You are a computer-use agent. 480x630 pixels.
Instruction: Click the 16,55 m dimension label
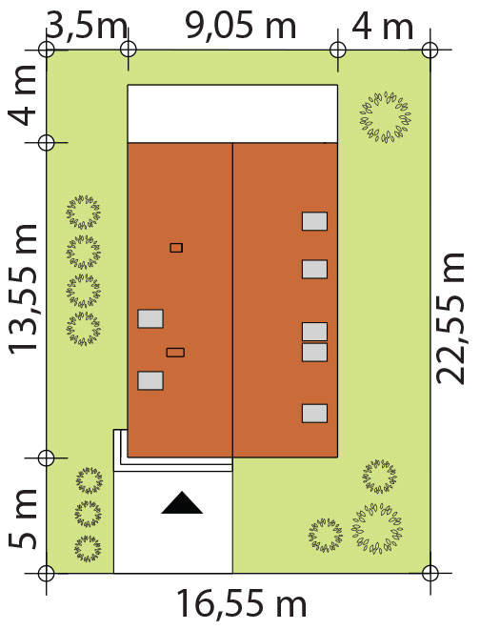(241, 604)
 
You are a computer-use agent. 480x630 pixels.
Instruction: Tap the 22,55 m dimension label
(450, 318)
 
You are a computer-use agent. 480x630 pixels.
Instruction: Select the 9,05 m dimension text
(240, 27)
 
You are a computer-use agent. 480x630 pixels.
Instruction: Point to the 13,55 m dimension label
(23, 290)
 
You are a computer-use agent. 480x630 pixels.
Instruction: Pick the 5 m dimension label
(23, 519)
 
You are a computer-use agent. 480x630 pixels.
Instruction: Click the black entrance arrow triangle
(182, 502)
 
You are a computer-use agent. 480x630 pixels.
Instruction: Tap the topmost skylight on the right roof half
(314, 221)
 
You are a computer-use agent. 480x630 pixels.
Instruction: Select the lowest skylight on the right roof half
(314, 414)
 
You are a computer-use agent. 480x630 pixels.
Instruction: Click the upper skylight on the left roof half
(150, 318)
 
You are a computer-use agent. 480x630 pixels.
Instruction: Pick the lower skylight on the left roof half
(150, 380)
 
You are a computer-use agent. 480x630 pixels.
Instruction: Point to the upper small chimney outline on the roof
(176, 248)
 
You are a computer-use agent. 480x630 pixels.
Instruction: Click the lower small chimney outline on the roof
(175, 353)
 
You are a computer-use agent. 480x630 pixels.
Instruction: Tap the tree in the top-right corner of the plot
(386, 117)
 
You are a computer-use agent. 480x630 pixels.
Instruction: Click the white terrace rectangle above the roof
(232, 113)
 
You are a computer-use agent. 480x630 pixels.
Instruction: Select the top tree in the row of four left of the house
(84, 213)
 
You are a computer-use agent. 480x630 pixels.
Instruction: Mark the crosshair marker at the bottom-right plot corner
(430, 573)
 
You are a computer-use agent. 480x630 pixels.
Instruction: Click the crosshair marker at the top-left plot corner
(47, 51)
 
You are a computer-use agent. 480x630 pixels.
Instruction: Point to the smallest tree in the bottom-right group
(326, 536)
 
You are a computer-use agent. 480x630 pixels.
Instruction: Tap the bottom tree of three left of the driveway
(88, 548)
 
